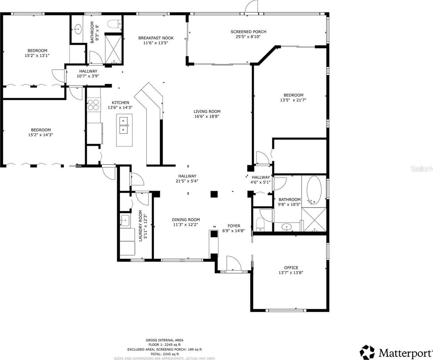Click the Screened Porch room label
[249, 32]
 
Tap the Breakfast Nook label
[156, 38]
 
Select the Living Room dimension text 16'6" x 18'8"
[207, 117]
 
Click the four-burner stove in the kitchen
[93, 105]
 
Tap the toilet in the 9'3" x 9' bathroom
[114, 23]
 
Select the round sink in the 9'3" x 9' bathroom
[78, 29]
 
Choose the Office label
[291, 267]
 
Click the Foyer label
[234, 226]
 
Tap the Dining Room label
[186, 220]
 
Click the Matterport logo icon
[367, 352]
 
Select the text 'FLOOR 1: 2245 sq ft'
[164, 345]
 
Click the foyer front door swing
[234, 263]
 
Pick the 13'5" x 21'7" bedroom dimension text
[293, 100]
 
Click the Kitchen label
[120, 103]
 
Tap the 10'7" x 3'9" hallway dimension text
[88, 76]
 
